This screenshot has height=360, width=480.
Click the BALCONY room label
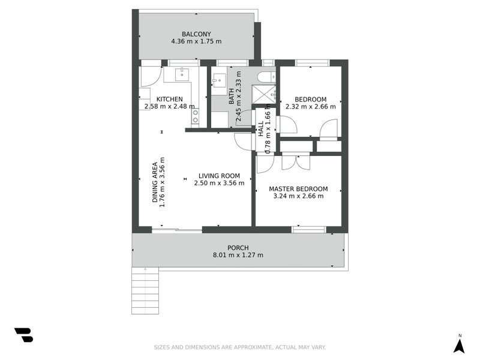click(x=196, y=34)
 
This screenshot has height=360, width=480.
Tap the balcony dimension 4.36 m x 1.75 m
click(x=196, y=41)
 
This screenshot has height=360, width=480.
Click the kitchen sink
click(x=181, y=74)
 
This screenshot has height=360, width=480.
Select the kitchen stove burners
click(x=195, y=116)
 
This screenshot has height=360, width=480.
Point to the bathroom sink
click(x=219, y=80)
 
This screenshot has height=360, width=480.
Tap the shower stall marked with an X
click(x=263, y=94)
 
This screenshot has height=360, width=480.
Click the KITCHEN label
click(x=170, y=99)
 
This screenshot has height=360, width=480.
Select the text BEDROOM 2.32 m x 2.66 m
click(x=310, y=103)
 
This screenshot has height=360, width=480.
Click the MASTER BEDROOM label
click(x=298, y=189)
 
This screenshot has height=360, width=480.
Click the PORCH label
click(x=238, y=248)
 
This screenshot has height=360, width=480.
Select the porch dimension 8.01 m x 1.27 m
click(x=238, y=255)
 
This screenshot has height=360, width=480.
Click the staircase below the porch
click(x=145, y=290)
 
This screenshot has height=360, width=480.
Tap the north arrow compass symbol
click(x=459, y=344)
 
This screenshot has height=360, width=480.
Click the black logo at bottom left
click(x=23, y=335)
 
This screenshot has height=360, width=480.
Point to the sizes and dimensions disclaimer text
click(x=239, y=347)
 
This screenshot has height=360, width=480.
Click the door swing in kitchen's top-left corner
click(x=150, y=76)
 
